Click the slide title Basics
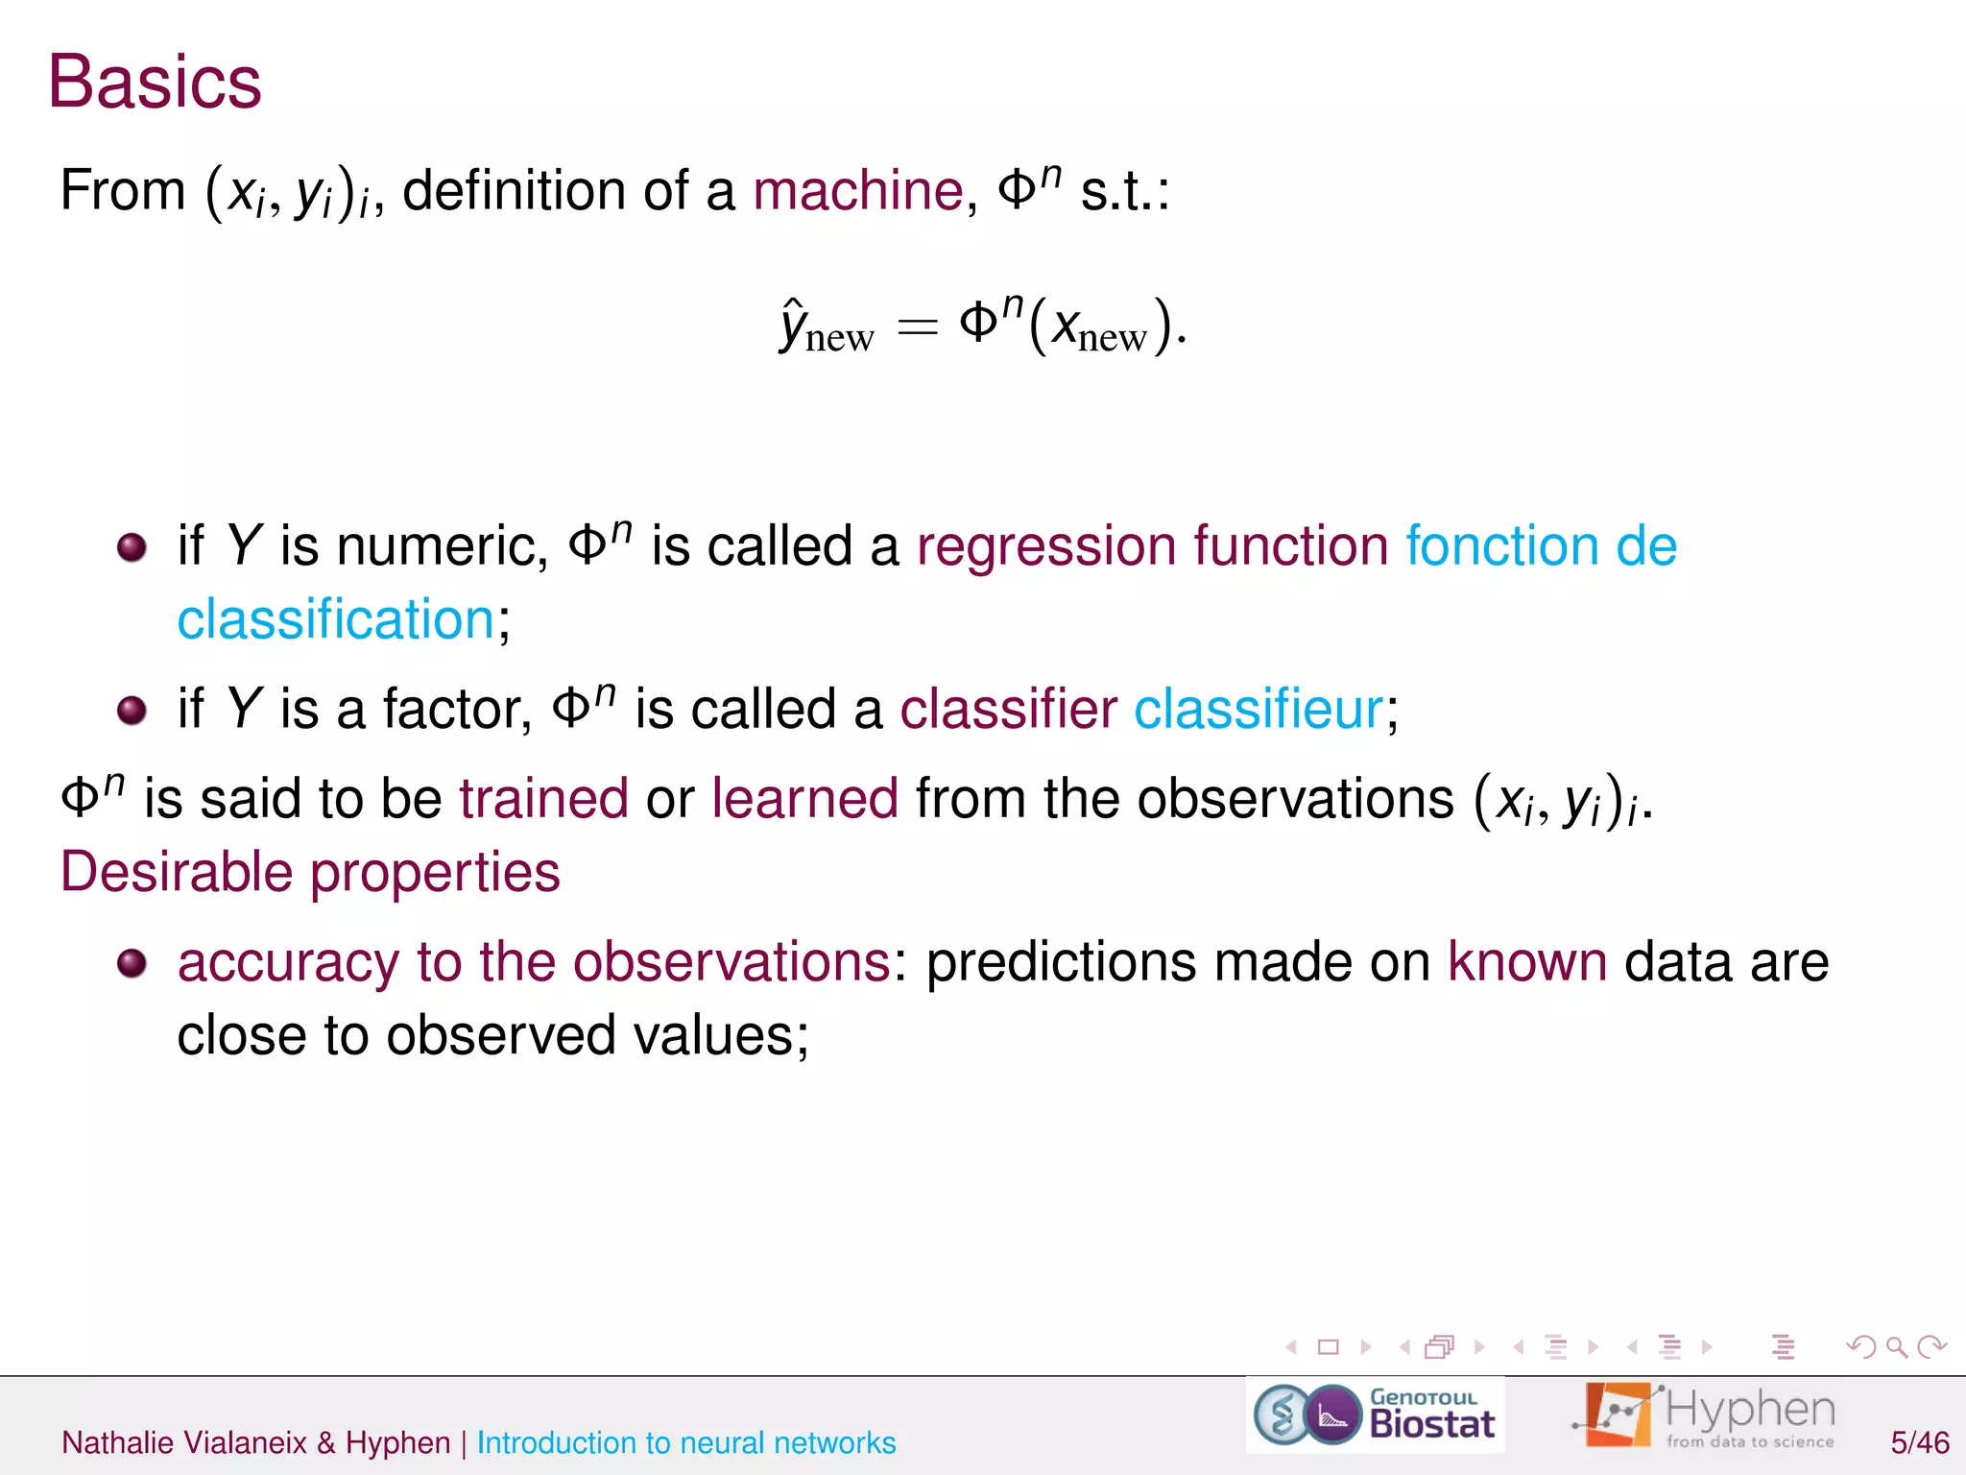(x=155, y=83)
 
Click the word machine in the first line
(x=857, y=190)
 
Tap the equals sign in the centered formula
(x=917, y=327)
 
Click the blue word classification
(x=336, y=619)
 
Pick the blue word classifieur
(x=1259, y=710)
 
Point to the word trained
(x=543, y=799)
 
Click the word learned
(x=804, y=799)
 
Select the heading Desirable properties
(x=310, y=872)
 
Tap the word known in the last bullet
(x=1527, y=962)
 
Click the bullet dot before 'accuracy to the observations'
(x=132, y=963)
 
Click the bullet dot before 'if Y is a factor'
(x=132, y=711)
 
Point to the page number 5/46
(x=1919, y=1442)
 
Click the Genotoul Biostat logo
(x=1375, y=1415)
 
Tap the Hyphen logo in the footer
(x=1704, y=1415)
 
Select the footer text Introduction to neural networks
(x=686, y=1442)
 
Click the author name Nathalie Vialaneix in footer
(x=184, y=1442)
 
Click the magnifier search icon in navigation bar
(x=1896, y=1347)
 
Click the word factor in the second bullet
(x=456, y=710)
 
